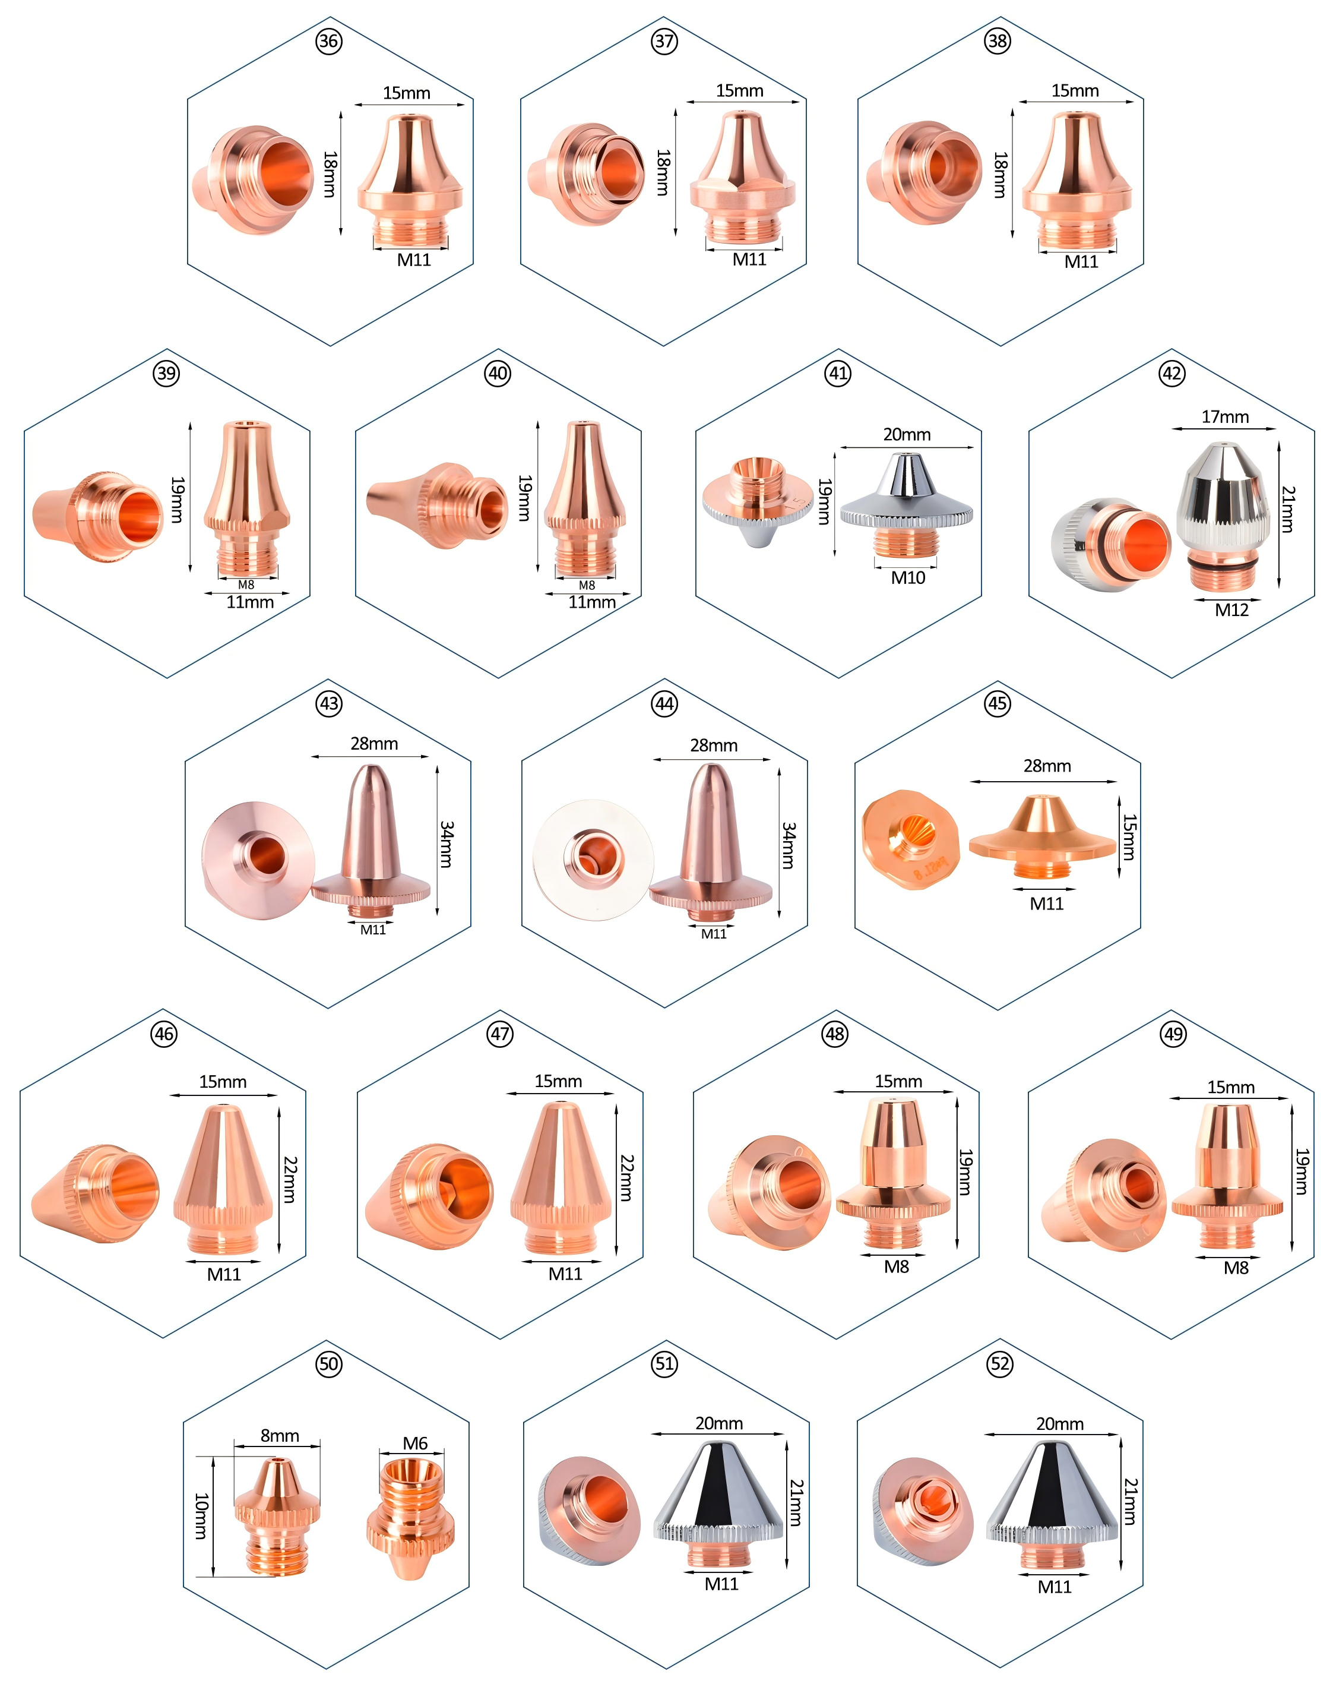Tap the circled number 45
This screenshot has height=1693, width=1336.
(x=998, y=703)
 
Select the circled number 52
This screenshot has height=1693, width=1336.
(x=1000, y=1364)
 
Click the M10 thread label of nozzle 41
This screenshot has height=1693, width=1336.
(x=908, y=577)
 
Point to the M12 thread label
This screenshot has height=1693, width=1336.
(x=1232, y=609)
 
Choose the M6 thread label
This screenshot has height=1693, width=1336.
(x=416, y=1443)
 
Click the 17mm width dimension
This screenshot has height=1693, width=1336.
(x=1225, y=417)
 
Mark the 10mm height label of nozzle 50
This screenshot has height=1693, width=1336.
(x=202, y=1516)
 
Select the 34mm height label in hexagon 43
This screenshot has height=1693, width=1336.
(x=447, y=844)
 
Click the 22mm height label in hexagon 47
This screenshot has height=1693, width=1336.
(x=626, y=1178)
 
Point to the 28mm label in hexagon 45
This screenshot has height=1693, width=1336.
(x=1047, y=766)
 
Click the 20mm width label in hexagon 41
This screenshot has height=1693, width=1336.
(x=907, y=434)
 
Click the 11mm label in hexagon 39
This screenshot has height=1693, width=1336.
(x=251, y=602)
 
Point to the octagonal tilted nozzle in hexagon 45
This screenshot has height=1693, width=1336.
(x=911, y=839)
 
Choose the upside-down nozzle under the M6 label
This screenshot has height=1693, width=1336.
(x=411, y=1515)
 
